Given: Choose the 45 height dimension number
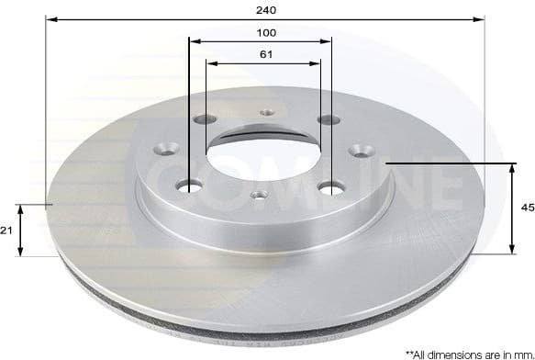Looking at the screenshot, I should click(x=527, y=208).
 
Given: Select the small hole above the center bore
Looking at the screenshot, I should click(x=267, y=114).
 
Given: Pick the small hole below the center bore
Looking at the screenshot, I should click(x=260, y=195).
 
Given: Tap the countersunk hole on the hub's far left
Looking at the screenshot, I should click(x=168, y=146).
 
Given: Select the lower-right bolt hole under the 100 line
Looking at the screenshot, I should click(x=328, y=189).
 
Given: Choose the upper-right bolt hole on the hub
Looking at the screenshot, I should click(x=323, y=120).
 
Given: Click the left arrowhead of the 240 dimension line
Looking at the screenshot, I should click(x=51, y=19).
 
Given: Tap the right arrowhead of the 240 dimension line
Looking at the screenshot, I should click(x=478, y=19).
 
